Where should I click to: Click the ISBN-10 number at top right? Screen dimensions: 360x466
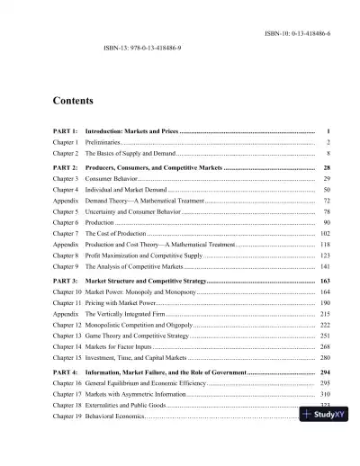pos(298,32)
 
